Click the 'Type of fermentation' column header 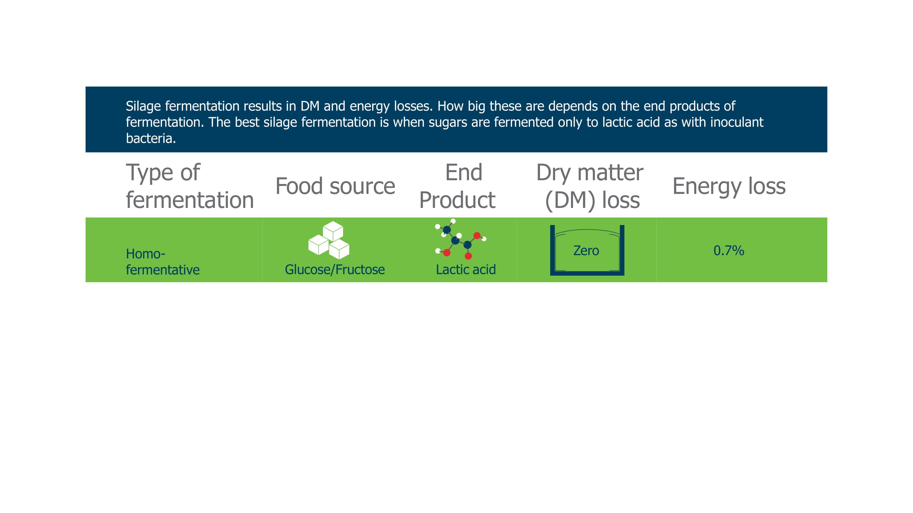click(x=190, y=186)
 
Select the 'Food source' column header click(x=335, y=186)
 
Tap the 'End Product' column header click(x=457, y=186)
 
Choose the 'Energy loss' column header click(x=729, y=187)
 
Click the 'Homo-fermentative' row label click(x=163, y=262)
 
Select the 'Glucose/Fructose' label click(x=335, y=270)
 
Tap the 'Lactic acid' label click(x=466, y=270)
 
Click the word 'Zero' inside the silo click(x=586, y=251)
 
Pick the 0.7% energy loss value click(x=729, y=251)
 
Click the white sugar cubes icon click(x=329, y=240)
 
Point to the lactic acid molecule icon click(x=460, y=239)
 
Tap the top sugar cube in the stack click(x=333, y=231)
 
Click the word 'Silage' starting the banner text click(x=143, y=106)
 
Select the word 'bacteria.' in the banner click(x=151, y=139)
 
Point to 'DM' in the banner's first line click(x=310, y=106)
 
